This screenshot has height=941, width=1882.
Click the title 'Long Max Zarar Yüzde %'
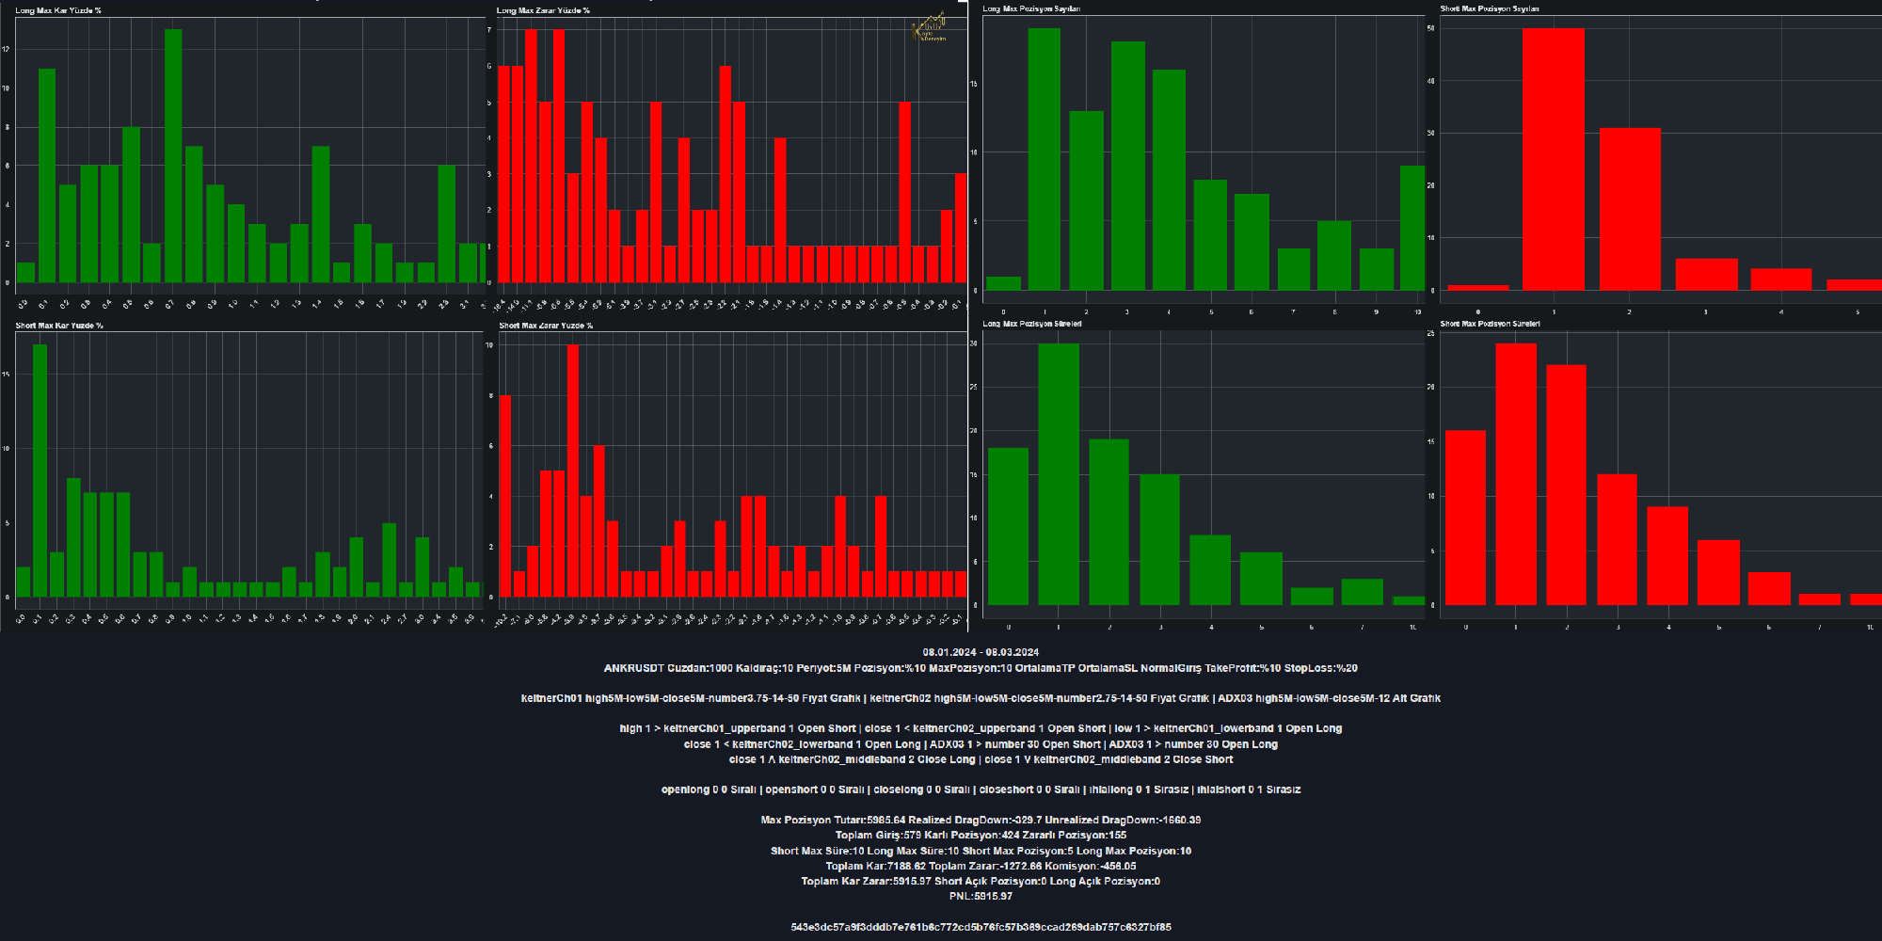(x=543, y=10)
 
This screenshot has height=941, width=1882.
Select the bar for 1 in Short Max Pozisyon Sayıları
(x=1553, y=160)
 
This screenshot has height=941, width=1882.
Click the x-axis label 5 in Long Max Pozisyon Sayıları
(x=1211, y=311)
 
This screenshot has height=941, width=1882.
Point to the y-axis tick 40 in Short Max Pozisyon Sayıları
(x=1431, y=81)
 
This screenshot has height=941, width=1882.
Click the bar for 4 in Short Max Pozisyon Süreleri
(x=1667, y=555)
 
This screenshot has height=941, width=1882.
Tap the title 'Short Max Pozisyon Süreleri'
(x=1490, y=324)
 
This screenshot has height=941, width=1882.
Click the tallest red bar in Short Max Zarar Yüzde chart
(x=573, y=470)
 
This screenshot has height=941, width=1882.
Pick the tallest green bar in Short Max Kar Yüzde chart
(x=40, y=470)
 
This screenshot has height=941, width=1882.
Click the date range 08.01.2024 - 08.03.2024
(x=981, y=652)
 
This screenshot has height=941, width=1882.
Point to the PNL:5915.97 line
(x=981, y=896)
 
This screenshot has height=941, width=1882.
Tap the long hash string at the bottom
(x=981, y=927)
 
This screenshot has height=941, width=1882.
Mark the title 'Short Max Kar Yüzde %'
(x=59, y=326)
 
